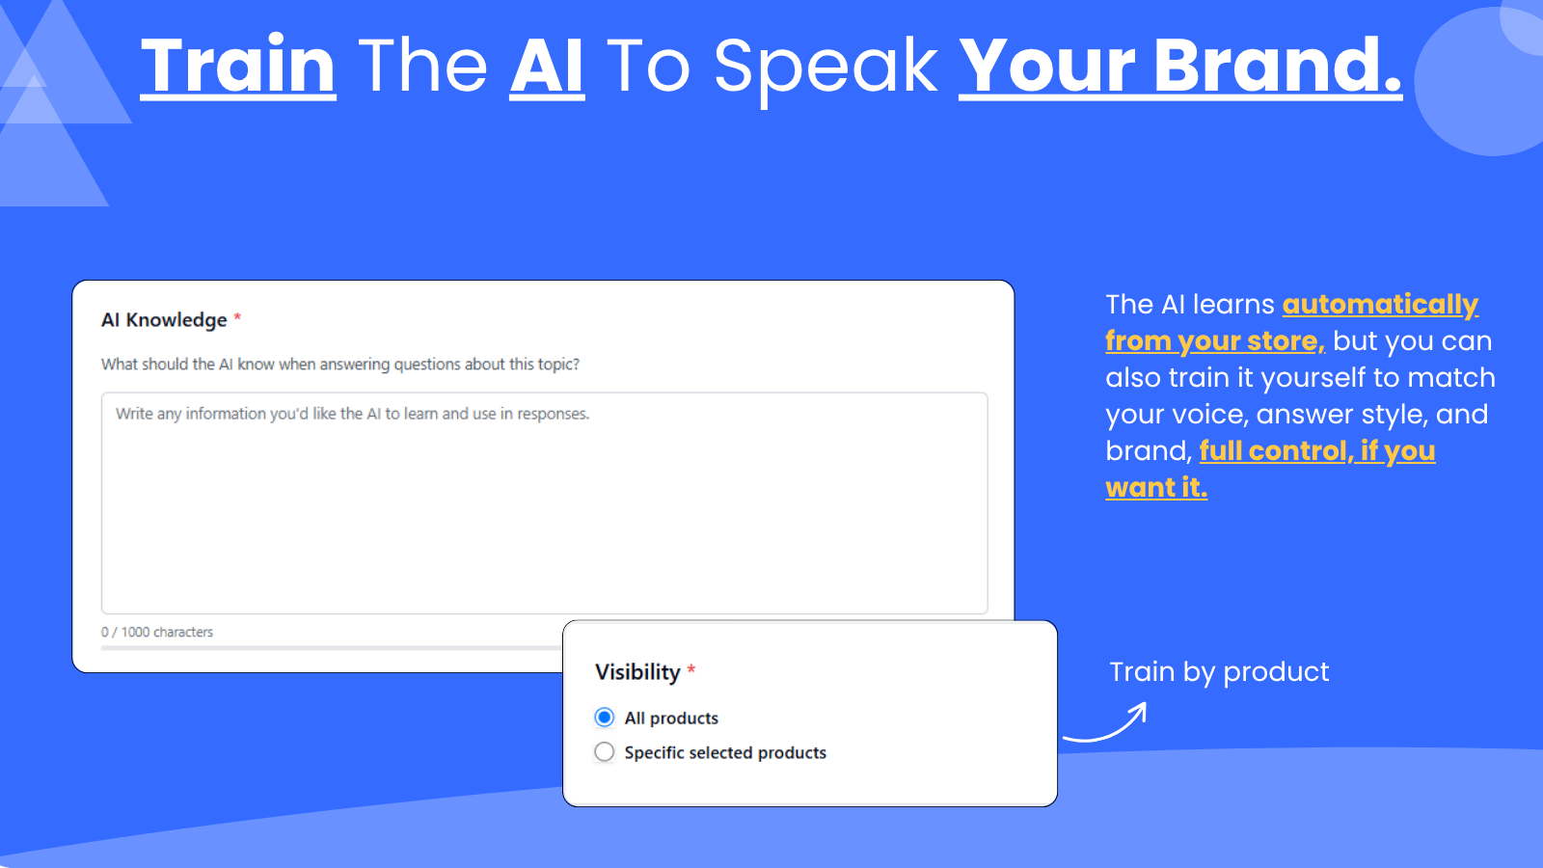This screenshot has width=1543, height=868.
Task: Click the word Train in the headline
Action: tap(238, 66)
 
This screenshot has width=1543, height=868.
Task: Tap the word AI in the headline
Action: tap(547, 66)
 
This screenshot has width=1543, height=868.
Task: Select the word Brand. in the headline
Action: tap(1277, 66)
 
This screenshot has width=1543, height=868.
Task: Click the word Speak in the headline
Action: tap(826, 68)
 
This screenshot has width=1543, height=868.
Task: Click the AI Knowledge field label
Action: tap(164, 319)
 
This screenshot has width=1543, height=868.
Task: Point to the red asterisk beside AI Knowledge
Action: tap(237, 317)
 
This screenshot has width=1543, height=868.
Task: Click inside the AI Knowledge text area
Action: tap(544, 502)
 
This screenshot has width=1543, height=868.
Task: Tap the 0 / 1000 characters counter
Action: tap(157, 632)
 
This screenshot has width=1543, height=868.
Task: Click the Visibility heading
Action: tap(637, 671)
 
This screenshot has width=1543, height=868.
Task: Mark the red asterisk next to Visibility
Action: tap(690, 669)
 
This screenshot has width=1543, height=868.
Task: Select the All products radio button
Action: tap(604, 718)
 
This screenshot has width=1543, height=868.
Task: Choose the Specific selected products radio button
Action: tap(604, 751)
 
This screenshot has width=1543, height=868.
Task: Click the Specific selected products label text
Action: tap(725, 752)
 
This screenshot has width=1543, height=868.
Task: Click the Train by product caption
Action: tap(1219, 671)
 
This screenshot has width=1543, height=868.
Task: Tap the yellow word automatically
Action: tap(1380, 305)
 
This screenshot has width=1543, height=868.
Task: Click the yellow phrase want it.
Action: tap(1156, 488)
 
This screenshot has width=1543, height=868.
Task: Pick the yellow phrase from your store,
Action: tap(1215, 341)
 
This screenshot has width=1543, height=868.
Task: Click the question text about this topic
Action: tap(340, 364)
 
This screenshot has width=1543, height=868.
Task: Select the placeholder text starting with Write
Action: tap(352, 414)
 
